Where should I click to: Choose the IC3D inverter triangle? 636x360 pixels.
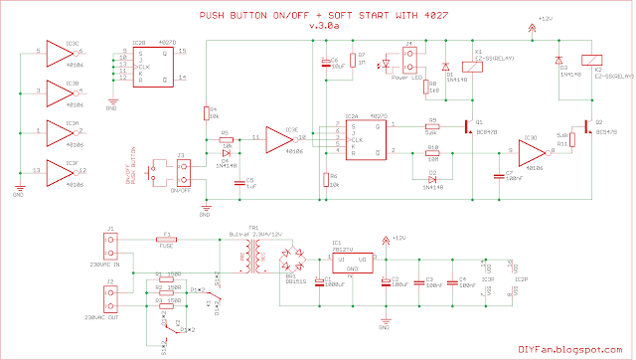(532, 153)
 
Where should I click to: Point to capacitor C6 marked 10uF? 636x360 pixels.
(324, 64)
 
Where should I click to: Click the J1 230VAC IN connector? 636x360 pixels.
(112, 247)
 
